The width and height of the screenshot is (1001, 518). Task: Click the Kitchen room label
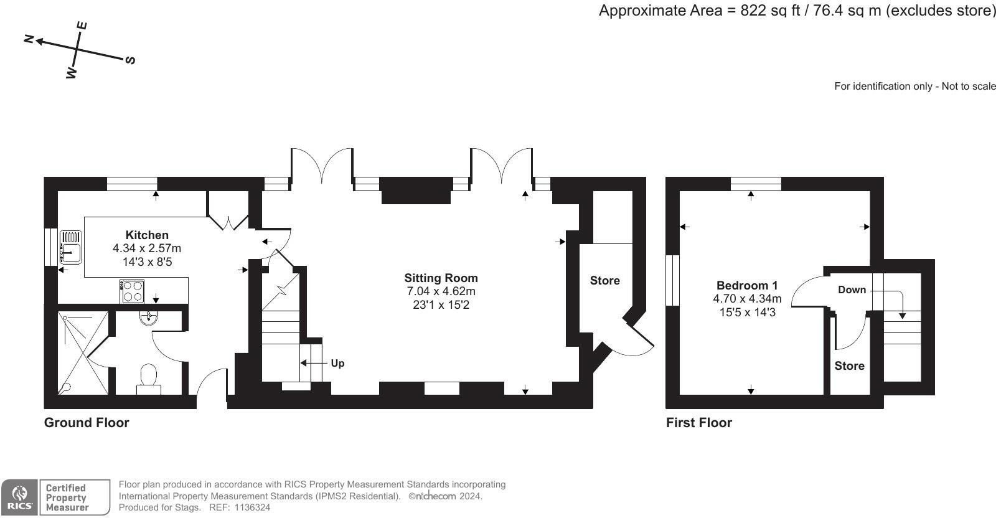(147, 235)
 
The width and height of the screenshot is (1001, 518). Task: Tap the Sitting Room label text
(441, 278)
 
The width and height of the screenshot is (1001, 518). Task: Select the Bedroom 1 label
(746, 285)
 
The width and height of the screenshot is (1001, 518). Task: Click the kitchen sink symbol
(70, 247)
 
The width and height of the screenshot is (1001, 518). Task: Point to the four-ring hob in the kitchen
(132, 291)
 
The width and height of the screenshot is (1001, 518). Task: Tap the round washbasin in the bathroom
(149, 318)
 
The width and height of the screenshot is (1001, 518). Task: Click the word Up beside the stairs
(337, 363)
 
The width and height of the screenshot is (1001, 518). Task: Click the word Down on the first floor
(852, 290)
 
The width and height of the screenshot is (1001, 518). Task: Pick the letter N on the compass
(29, 39)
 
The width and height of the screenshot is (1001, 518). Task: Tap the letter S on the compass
(131, 60)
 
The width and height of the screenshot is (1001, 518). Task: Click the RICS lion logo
(20, 497)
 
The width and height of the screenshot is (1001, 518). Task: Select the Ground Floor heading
(87, 422)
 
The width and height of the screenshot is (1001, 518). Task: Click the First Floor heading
(698, 422)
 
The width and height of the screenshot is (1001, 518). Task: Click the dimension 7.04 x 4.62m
(441, 291)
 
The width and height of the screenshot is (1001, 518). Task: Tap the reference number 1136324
(252, 507)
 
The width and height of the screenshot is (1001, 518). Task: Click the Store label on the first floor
(849, 365)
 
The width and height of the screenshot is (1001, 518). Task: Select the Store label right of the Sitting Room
(604, 280)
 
